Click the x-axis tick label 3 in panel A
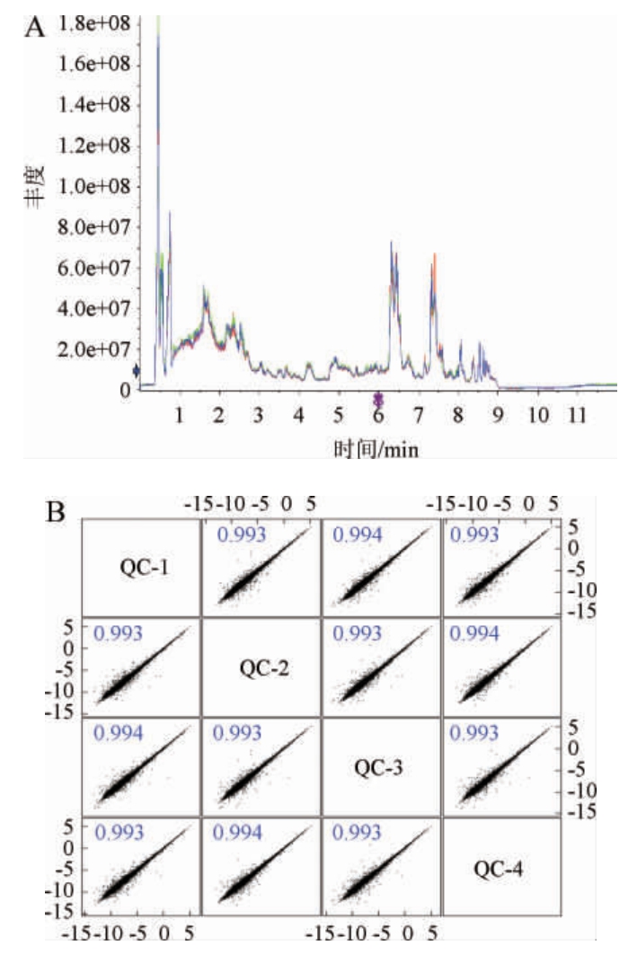[258, 416]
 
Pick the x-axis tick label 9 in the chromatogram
[497, 416]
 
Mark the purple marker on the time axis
[378, 399]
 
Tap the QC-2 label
[261, 669]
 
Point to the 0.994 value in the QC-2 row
[478, 633]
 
